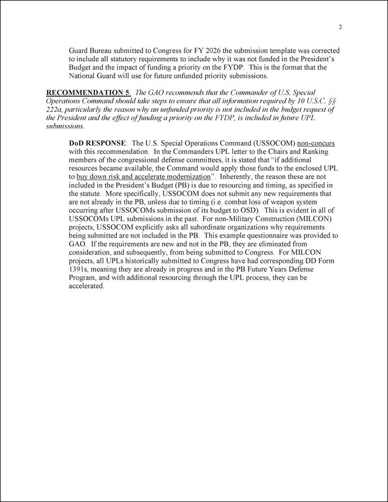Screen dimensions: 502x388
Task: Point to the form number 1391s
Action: click(81, 269)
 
